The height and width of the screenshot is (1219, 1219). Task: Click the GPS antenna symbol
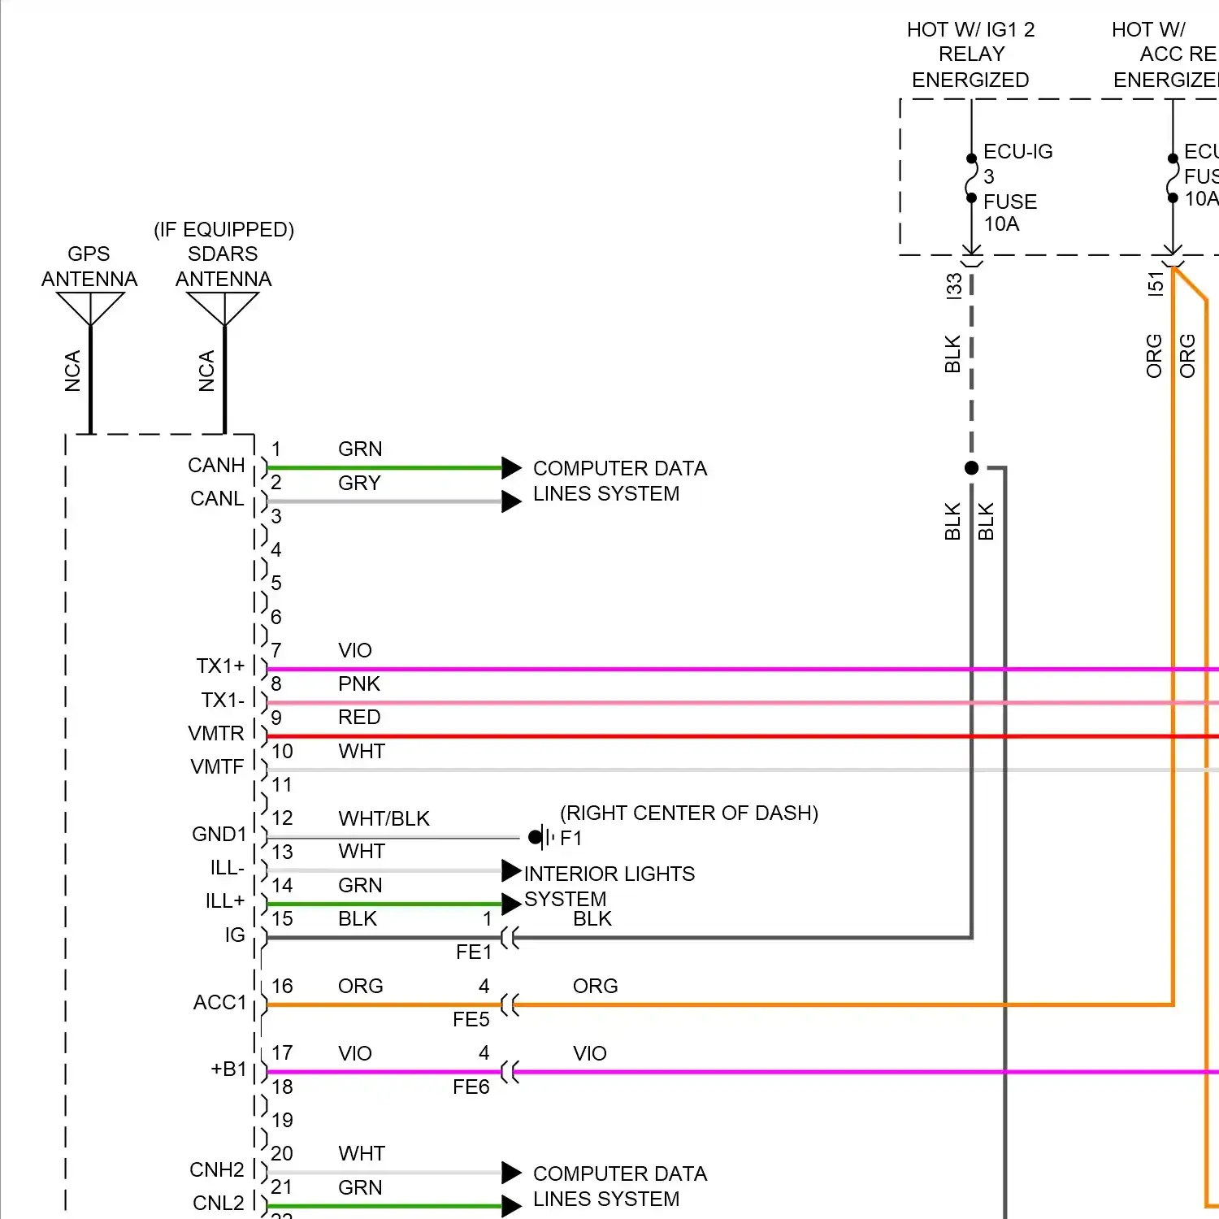[x=90, y=308]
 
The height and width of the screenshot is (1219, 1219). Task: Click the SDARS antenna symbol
[x=223, y=308]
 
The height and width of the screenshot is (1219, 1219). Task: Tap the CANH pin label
[x=216, y=466]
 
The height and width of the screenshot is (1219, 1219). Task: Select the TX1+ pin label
[x=220, y=666]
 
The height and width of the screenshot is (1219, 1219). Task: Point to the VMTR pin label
[x=216, y=734]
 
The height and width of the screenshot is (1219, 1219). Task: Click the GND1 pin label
[x=219, y=835]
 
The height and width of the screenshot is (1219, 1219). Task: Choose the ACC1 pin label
[x=219, y=1003]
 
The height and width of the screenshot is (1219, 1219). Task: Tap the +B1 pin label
[x=228, y=1069]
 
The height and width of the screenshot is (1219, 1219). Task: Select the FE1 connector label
[x=474, y=952]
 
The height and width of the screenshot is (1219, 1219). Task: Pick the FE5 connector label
[x=471, y=1020]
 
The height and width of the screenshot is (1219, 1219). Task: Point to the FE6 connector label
[x=471, y=1087]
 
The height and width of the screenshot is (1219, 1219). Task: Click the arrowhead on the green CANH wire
[x=511, y=468]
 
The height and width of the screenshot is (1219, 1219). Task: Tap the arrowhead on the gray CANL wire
[x=511, y=501]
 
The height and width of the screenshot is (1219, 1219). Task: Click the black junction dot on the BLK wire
[x=971, y=468]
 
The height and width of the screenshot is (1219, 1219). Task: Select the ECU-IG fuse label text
[x=1017, y=152]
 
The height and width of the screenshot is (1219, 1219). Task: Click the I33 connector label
[x=954, y=286]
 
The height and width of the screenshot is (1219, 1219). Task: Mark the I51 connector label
[x=1156, y=284]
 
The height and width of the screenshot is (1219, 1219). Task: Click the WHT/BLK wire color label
[x=384, y=819]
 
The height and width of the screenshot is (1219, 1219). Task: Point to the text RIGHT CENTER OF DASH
[x=689, y=813]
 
